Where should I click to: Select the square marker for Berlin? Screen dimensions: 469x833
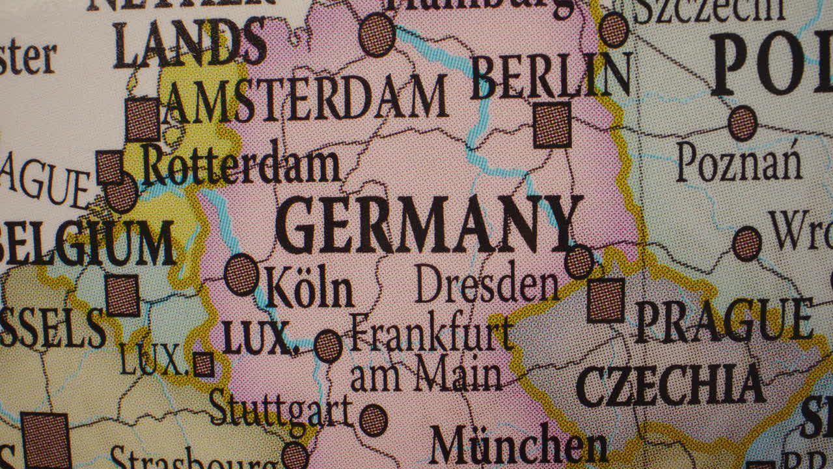tap(553, 124)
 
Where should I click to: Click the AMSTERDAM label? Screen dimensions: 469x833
tap(306, 100)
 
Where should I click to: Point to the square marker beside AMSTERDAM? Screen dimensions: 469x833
tap(143, 119)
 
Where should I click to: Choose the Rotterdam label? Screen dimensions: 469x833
tap(241, 165)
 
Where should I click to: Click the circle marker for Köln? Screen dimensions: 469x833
tap(241, 274)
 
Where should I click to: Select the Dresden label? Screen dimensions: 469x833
tap(487, 285)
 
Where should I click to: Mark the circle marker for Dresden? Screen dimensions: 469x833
tap(579, 262)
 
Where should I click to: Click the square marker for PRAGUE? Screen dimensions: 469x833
tap(606, 300)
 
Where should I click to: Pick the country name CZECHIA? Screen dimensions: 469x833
tap(670, 384)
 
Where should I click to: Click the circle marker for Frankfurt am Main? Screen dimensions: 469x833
tap(328, 346)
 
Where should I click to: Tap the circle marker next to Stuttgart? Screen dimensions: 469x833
tap(374, 419)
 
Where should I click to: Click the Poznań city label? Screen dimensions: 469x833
tap(739, 163)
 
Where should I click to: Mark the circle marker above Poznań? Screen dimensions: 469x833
tap(743, 123)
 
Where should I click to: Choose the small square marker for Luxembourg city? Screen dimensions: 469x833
tap(203, 364)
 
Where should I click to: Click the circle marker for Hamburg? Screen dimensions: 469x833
tap(377, 34)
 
